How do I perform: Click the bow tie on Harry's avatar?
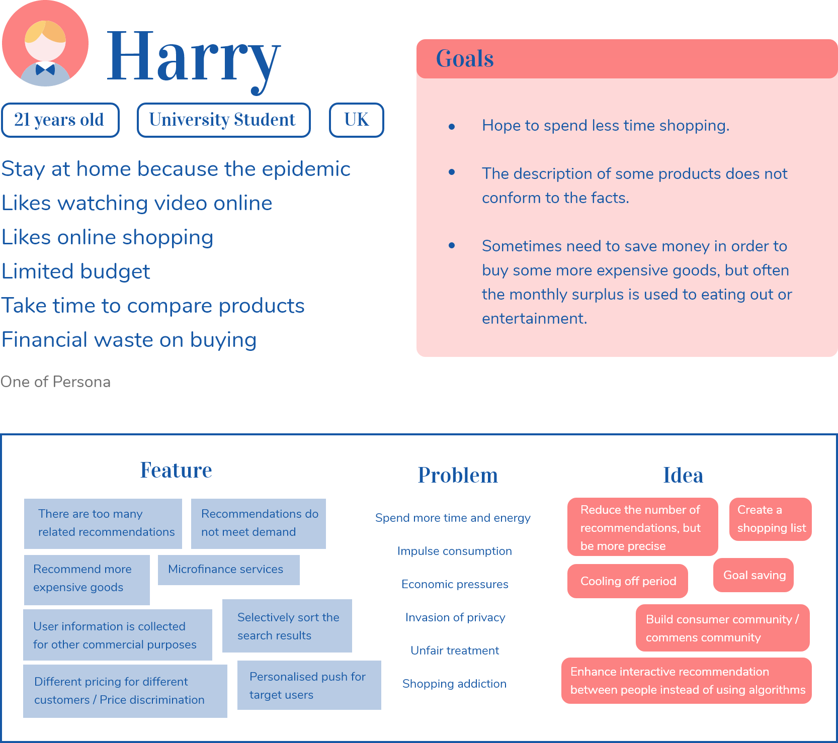(45, 69)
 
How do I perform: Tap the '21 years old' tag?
(60, 120)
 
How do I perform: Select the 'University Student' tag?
(223, 120)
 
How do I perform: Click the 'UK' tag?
(356, 120)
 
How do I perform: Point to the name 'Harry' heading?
(194, 58)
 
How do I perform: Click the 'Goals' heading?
(465, 59)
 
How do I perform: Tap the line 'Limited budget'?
(76, 271)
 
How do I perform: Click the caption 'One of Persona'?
(55, 382)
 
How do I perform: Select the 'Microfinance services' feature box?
(229, 570)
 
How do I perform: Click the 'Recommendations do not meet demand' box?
(259, 523)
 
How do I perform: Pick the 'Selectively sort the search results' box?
(287, 626)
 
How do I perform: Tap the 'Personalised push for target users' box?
(309, 685)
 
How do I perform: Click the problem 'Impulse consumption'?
(455, 551)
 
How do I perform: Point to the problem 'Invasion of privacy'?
(455, 617)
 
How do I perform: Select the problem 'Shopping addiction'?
(454, 684)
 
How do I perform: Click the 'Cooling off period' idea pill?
(628, 581)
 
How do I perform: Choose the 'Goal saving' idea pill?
(753, 575)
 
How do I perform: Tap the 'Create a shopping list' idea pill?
(771, 519)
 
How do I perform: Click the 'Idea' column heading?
(683, 475)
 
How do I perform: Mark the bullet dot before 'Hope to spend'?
(452, 127)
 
